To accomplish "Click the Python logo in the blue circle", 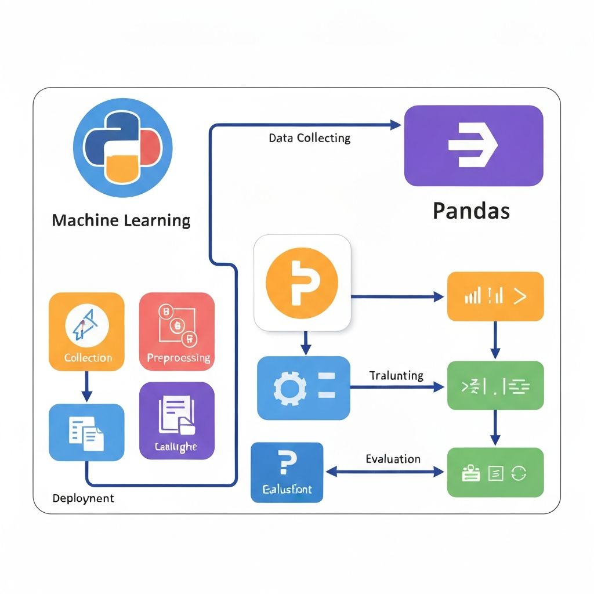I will pyautogui.click(x=123, y=148).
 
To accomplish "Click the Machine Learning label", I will pyautogui.click(x=121, y=221).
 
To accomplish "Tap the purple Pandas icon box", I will pyautogui.click(x=473, y=146).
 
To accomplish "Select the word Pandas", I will pyautogui.click(x=471, y=211).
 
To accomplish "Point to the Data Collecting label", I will pyautogui.click(x=309, y=139).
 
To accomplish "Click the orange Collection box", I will pyautogui.click(x=86, y=331).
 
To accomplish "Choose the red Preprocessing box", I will pyautogui.click(x=178, y=331).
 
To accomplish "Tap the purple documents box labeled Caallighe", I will pyautogui.click(x=177, y=421).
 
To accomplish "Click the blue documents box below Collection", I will pyautogui.click(x=86, y=432).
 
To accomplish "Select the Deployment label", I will pyautogui.click(x=84, y=498).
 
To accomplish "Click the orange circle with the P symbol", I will pyautogui.click(x=302, y=282).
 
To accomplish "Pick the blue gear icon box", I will pyautogui.click(x=303, y=388).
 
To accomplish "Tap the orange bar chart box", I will pyautogui.click(x=495, y=296).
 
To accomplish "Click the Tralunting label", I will pyautogui.click(x=396, y=376).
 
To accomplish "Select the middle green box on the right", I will pyautogui.click(x=495, y=386).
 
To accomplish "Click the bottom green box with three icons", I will pyautogui.click(x=495, y=472).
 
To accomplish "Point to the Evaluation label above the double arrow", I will pyautogui.click(x=393, y=459).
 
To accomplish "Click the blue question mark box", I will pyautogui.click(x=287, y=472).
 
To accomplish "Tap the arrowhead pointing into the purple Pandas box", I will pyautogui.click(x=396, y=124).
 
